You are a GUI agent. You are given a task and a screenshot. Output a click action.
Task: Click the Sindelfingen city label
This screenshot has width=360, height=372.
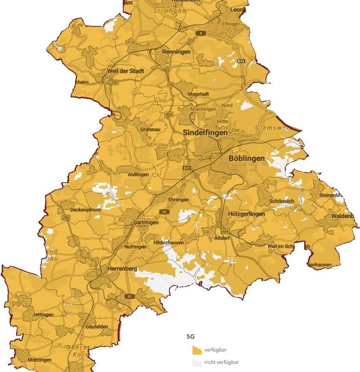pyautogui.click(x=205, y=132)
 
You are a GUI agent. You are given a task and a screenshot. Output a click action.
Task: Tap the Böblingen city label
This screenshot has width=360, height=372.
pyautogui.click(x=247, y=159)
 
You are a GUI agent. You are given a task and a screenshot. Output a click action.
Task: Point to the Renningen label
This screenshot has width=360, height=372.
pyautogui.click(x=176, y=52)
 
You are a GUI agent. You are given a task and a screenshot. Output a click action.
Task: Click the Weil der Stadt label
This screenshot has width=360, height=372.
pyautogui.click(x=125, y=71)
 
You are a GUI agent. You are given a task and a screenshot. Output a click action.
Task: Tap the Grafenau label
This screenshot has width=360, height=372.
pyautogui.click(x=151, y=130)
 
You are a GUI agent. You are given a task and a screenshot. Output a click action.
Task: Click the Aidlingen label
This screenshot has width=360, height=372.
pyautogui.click(x=139, y=175)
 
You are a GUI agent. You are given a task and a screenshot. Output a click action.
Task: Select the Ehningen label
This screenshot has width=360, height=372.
pyautogui.click(x=178, y=200)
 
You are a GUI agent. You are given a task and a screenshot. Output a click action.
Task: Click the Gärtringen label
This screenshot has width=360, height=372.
pyautogui.click(x=145, y=223)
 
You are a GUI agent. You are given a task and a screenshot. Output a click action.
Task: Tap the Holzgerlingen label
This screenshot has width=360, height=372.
pyautogui.click(x=247, y=214)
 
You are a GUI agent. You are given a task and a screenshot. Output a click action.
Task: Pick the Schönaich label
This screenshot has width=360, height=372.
pyautogui.click(x=281, y=202)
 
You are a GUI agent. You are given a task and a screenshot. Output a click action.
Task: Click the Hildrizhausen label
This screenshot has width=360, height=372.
pyautogui.click(x=168, y=243)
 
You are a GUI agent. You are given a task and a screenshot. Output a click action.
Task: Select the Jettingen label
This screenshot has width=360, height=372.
pyautogui.click(x=42, y=315)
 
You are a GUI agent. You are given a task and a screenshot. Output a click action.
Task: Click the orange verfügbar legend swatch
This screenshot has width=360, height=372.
pyautogui.click(x=196, y=350)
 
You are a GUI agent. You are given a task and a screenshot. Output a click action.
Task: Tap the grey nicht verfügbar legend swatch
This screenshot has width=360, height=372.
pyautogui.click(x=196, y=363)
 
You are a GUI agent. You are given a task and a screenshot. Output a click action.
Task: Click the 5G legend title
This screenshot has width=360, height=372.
pyautogui.click(x=192, y=337)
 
